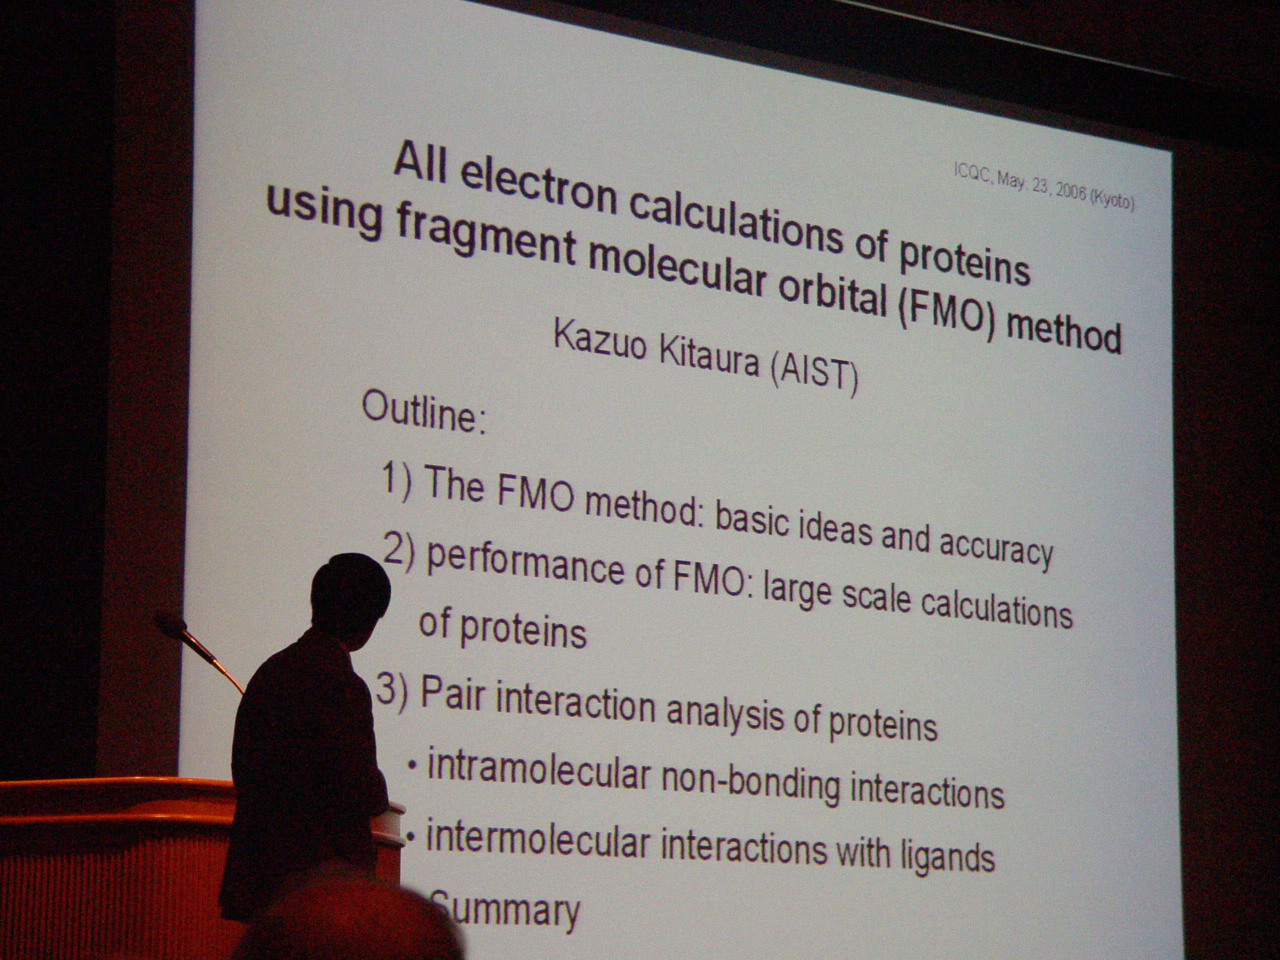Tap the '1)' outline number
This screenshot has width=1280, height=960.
397,480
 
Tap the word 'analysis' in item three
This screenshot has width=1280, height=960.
725,714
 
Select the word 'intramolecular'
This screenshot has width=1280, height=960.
538,769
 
